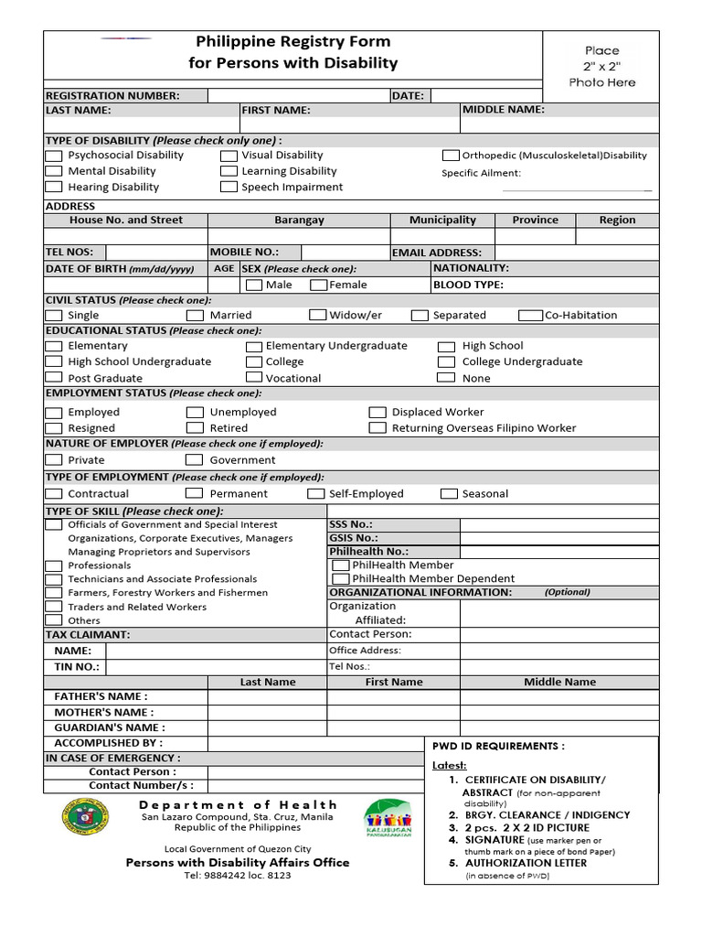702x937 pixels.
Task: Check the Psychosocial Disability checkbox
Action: click(x=53, y=156)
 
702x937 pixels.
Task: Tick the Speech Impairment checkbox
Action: click(x=229, y=188)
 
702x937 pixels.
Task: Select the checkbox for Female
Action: click(x=319, y=285)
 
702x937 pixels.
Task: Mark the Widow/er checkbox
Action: click(x=317, y=316)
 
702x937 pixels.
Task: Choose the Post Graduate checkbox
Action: click(x=53, y=378)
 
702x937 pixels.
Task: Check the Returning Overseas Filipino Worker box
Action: click(x=378, y=428)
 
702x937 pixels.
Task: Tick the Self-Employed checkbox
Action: click(x=315, y=494)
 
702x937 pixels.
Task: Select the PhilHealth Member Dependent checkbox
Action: click(x=340, y=579)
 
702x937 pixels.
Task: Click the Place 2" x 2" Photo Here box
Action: click(x=601, y=67)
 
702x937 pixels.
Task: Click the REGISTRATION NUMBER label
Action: click(x=112, y=96)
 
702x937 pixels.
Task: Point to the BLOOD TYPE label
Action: click(x=468, y=285)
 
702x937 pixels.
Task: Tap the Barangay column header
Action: click(x=299, y=221)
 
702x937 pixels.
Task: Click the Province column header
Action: click(x=535, y=221)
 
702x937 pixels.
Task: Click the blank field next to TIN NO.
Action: click(x=216, y=667)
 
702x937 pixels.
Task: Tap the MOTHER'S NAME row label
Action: click(x=104, y=712)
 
